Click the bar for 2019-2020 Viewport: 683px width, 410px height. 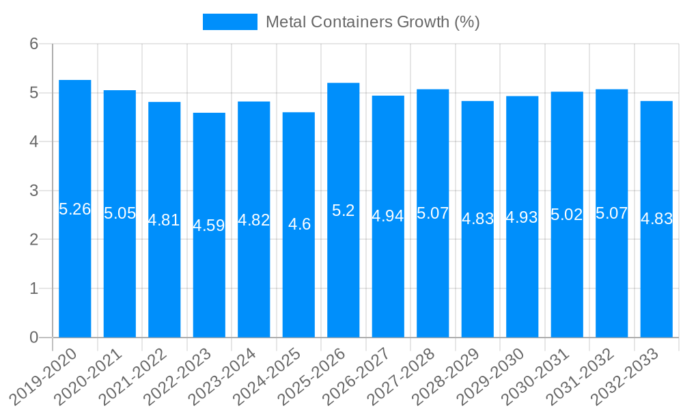pyautogui.click(x=75, y=273)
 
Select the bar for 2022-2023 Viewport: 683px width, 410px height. pyautogui.click(x=209, y=287)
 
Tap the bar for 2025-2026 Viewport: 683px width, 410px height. pyautogui.click(x=344, y=273)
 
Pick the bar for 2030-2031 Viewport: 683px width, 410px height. pyautogui.click(x=567, y=273)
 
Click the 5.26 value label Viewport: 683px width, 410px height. pyautogui.click(x=75, y=209)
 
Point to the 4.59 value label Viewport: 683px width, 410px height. pyautogui.click(x=209, y=225)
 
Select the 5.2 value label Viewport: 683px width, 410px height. pyautogui.click(x=344, y=210)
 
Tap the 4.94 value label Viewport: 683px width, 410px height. pyautogui.click(x=388, y=216)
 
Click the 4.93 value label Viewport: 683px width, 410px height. pyautogui.click(x=522, y=217)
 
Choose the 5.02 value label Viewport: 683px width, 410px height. pyautogui.click(x=567, y=215)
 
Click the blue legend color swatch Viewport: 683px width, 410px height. pyautogui.click(x=230, y=22)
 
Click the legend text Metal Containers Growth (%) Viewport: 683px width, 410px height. pyautogui.click(x=373, y=22)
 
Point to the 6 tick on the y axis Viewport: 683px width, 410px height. pyautogui.click(x=34, y=44)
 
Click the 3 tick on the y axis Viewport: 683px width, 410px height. pyautogui.click(x=34, y=191)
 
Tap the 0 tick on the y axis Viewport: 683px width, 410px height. pyautogui.click(x=34, y=338)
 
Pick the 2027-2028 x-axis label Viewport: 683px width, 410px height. pyautogui.click(x=404, y=376)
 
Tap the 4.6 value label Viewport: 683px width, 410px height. pyautogui.click(x=299, y=224)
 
